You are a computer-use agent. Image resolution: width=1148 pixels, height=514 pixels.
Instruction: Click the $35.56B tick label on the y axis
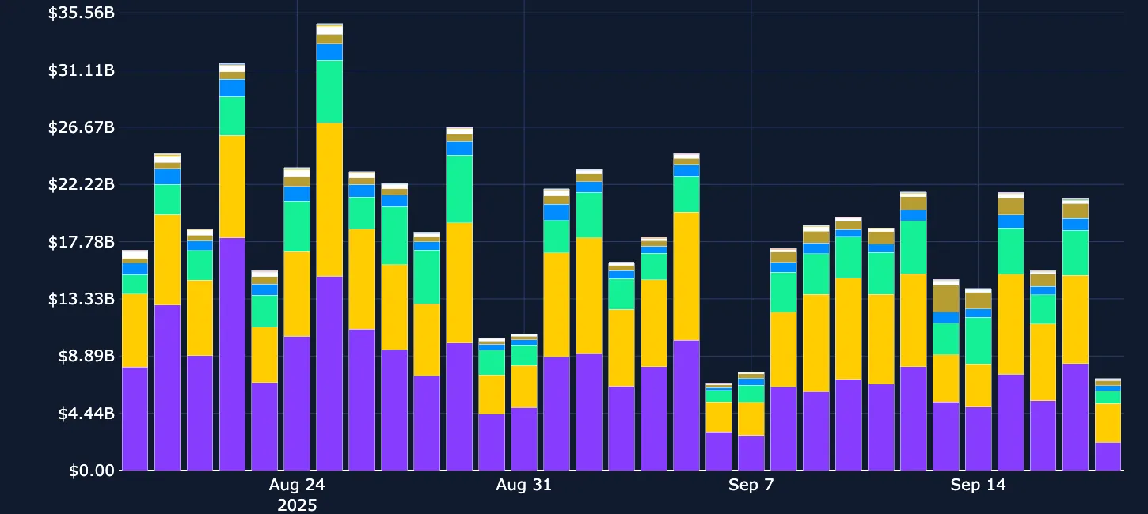pos(81,13)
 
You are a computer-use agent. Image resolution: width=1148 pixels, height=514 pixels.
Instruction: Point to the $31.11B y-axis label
pos(81,70)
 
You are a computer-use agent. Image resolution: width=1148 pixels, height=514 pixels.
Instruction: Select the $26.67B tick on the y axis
pos(81,127)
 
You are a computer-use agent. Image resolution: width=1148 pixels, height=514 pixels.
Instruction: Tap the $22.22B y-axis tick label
pos(81,184)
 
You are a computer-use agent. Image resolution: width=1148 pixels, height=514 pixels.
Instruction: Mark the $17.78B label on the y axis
pos(81,242)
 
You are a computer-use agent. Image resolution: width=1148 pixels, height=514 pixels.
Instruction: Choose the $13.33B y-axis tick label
pos(81,299)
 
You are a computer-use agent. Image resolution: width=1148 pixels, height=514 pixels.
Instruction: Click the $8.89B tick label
pos(85,356)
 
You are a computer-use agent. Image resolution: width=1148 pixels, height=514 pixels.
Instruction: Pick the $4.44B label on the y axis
pos(85,414)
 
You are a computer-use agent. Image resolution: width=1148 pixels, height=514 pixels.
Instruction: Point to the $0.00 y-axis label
pos(91,471)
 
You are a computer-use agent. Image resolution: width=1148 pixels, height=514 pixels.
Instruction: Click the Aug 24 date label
pos(297,485)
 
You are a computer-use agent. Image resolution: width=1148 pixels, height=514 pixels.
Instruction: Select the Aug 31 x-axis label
pos(523,485)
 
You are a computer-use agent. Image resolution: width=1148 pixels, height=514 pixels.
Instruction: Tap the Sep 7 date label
pos(751,485)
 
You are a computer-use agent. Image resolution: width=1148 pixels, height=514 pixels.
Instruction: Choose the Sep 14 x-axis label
pos(978,485)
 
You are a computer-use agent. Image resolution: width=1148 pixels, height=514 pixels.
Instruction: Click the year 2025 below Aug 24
pos(297,505)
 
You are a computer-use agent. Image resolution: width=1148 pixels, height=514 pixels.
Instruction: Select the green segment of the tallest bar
pos(329,91)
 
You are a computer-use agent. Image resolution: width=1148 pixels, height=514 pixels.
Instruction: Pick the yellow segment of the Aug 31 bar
pos(523,387)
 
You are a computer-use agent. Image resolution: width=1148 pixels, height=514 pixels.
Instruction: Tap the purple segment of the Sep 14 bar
pos(978,439)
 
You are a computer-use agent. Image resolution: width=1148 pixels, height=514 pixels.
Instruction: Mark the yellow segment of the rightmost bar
pos(1108,423)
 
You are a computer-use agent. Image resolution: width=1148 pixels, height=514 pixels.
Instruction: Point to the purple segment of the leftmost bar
pos(135,419)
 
